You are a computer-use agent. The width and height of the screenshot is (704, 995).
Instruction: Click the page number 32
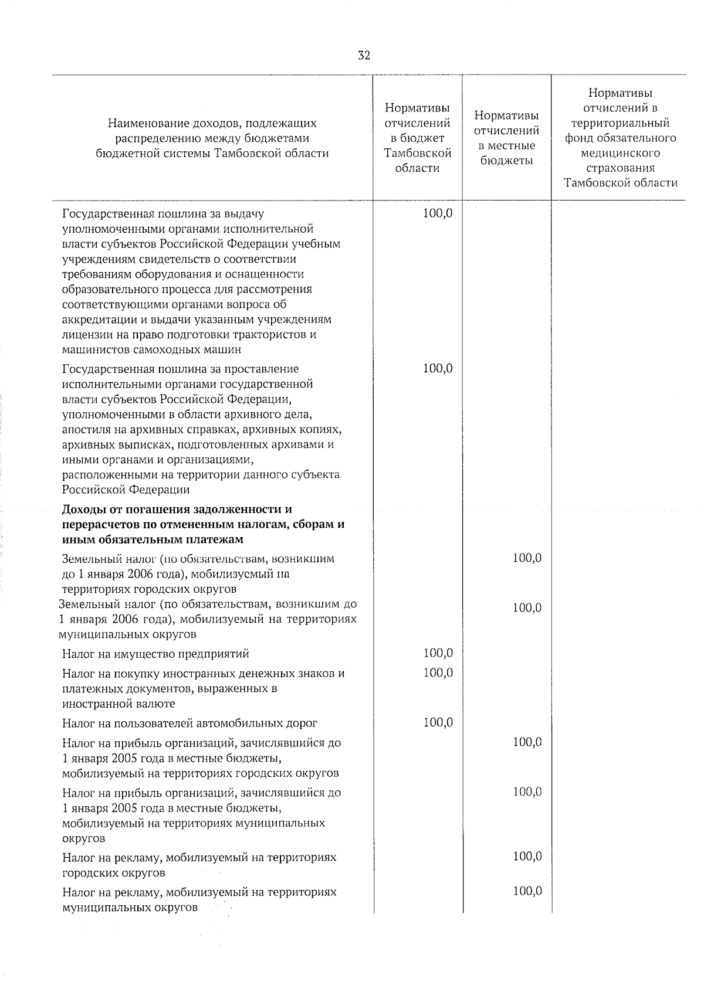click(364, 56)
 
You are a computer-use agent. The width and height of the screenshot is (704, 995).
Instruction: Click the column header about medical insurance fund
click(620, 138)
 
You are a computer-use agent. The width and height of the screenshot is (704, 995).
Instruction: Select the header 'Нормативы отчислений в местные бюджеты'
click(506, 138)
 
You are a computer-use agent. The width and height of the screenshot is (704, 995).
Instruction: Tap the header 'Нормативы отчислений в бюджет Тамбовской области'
click(417, 138)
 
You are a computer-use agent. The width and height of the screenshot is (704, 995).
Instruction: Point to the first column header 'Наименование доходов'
click(212, 138)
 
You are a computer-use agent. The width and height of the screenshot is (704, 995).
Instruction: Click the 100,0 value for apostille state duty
click(438, 369)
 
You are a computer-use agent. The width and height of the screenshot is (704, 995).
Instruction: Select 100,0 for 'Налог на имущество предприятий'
click(438, 653)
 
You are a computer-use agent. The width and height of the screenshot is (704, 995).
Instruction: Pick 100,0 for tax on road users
click(438, 722)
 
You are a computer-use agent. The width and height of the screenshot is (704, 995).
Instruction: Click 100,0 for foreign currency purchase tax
click(438, 673)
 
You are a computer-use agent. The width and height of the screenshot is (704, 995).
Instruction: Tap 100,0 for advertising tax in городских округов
click(527, 857)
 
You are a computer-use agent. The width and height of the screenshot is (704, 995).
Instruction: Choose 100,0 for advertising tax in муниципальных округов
click(527, 891)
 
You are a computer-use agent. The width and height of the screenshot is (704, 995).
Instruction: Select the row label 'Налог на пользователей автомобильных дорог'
click(190, 723)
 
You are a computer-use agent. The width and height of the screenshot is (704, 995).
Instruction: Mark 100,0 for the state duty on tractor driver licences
click(438, 213)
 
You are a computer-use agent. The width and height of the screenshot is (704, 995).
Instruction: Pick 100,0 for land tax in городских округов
click(527, 558)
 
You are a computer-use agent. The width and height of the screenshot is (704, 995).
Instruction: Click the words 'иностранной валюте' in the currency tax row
click(119, 704)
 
